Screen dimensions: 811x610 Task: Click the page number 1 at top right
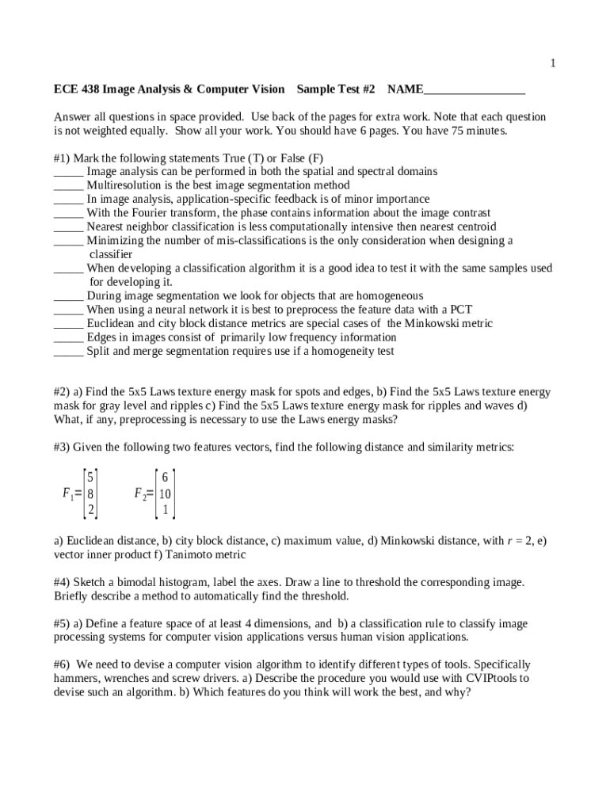(x=553, y=64)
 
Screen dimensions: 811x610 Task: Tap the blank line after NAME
(x=475, y=89)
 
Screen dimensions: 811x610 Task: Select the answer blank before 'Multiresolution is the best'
(x=68, y=185)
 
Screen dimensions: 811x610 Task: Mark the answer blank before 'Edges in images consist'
(x=68, y=337)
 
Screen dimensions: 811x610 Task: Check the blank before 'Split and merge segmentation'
(x=68, y=351)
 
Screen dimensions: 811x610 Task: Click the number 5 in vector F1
(x=91, y=477)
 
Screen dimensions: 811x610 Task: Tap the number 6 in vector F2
(x=165, y=477)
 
